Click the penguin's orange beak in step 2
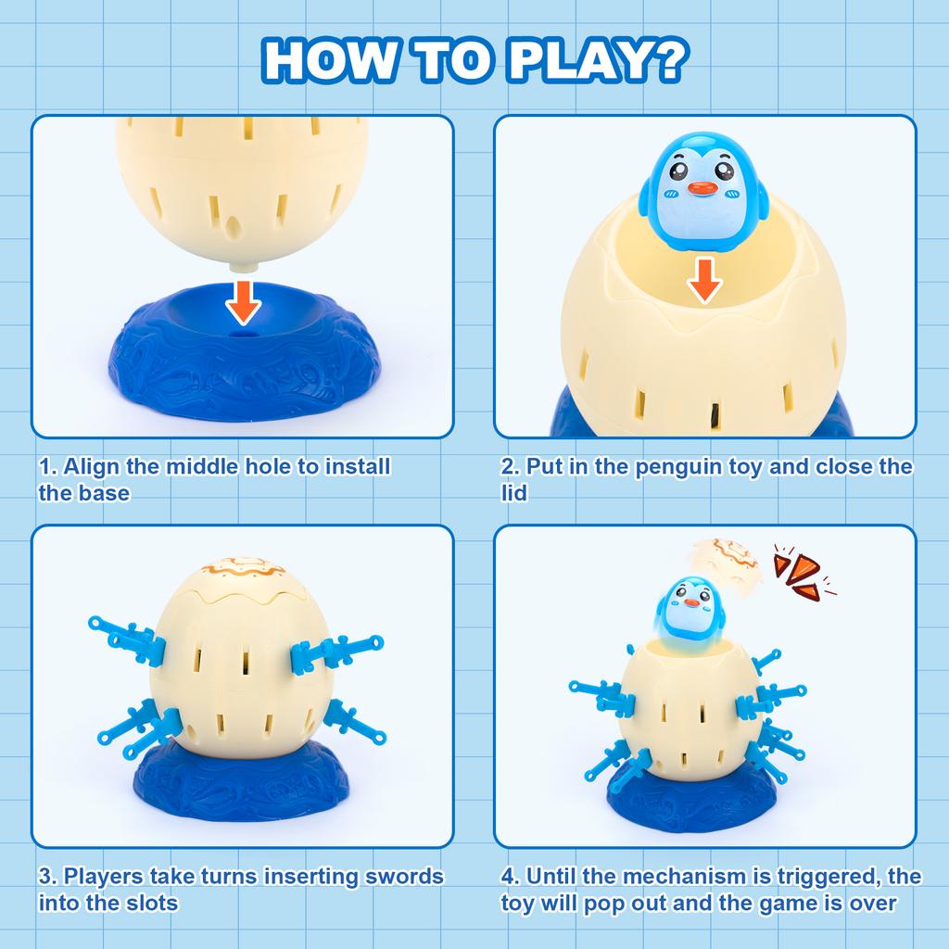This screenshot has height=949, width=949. click(x=703, y=191)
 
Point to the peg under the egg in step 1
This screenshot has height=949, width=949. click(x=244, y=264)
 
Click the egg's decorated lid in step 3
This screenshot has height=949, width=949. click(x=243, y=567)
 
